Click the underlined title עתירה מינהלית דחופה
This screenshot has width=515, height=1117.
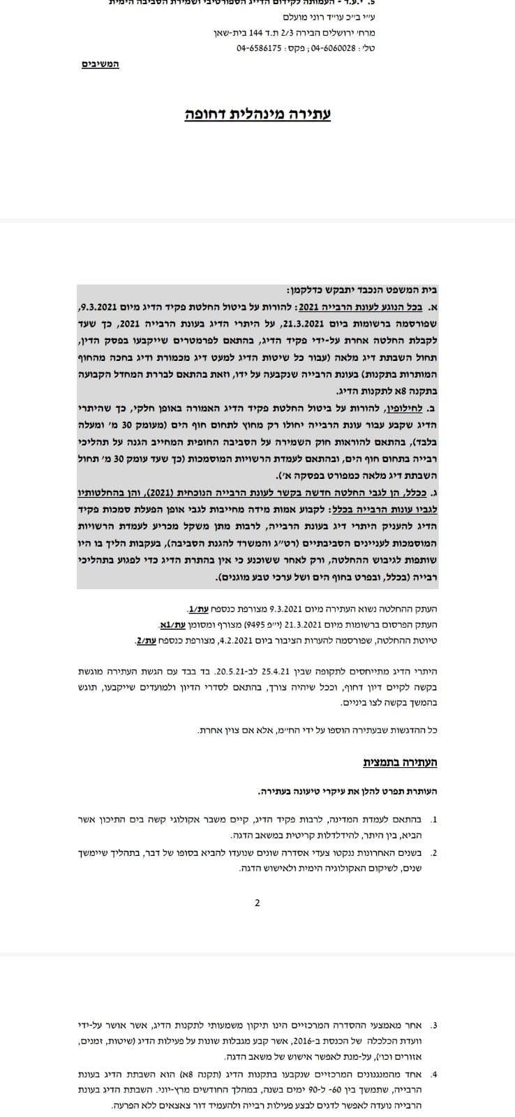[257, 113]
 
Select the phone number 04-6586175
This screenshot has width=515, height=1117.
[259, 48]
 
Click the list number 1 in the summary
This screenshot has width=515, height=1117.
[435, 819]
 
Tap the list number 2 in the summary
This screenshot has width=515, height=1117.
[435, 852]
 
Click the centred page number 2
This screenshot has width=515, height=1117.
[257, 903]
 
